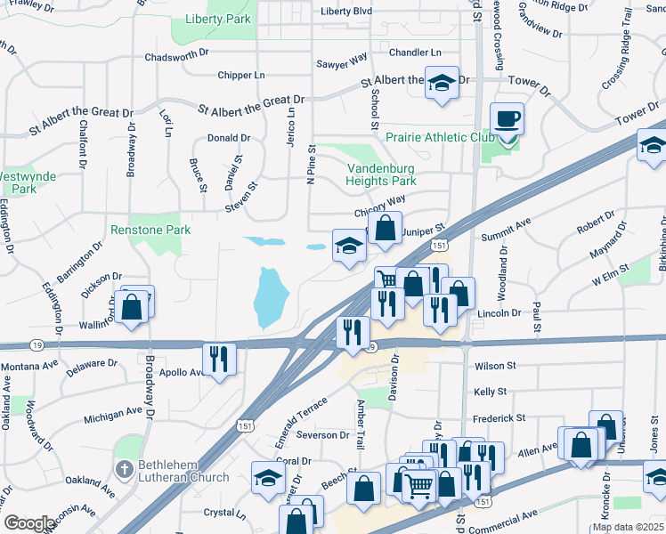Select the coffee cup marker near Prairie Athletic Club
pos(508,119)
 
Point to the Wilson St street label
pos(496,366)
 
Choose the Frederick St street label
pos(499,417)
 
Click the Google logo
pos(28,523)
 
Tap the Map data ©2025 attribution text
pos(627,527)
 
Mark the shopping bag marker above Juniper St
pos(385,228)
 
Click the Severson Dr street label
pos(323,435)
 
